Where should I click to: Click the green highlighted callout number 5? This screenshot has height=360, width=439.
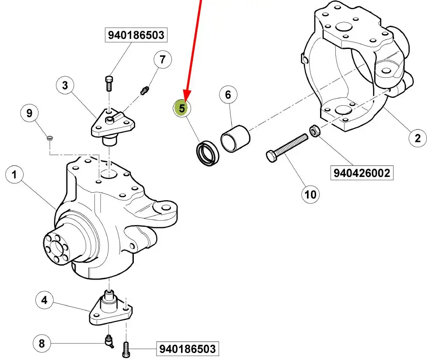coord(181,108)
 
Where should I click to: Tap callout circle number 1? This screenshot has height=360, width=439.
coord(14,176)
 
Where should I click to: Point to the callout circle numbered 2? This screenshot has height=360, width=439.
coord(418,138)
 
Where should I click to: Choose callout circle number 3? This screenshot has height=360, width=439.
coord(65,85)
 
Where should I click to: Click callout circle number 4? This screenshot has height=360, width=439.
coord(44,301)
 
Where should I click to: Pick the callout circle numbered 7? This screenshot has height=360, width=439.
coord(162,59)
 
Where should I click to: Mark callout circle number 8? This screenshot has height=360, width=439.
coord(42,343)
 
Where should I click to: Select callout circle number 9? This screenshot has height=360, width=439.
coord(29,114)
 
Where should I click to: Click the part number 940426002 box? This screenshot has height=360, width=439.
coord(361,173)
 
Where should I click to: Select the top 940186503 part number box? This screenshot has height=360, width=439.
coord(136,35)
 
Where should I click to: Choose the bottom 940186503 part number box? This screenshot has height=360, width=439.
coord(187,349)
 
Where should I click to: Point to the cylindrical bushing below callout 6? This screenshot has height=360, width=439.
coord(235,138)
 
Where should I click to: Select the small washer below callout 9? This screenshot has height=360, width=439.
coord(50,139)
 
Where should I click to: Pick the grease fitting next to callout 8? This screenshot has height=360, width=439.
coord(108,341)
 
